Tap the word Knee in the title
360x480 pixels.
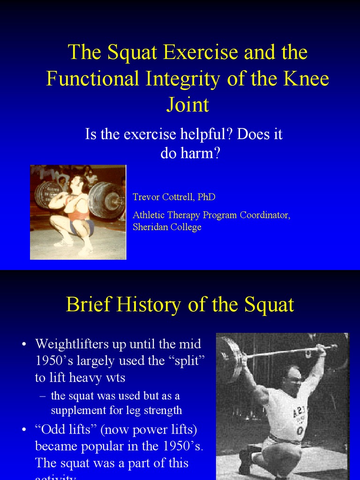click(x=307, y=79)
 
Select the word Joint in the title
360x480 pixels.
click(x=187, y=105)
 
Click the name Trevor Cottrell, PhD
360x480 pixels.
click(x=174, y=197)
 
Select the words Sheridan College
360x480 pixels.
click(x=167, y=227)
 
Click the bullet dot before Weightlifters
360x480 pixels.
click(x=24, y=345)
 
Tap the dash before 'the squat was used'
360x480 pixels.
click(x=42, y=396)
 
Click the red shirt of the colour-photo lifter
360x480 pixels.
click(x=77, y=206)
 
